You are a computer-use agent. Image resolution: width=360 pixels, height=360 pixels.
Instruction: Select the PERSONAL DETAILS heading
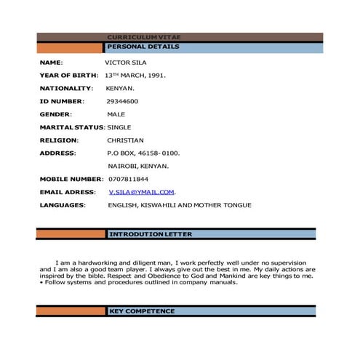tap(143, 47)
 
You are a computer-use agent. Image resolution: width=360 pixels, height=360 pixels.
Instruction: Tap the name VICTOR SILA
tap(127, 63)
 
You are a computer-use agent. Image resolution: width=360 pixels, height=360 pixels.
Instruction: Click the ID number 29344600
tap(123, 101)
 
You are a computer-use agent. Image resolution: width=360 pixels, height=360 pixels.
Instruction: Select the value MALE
tap(116, 114)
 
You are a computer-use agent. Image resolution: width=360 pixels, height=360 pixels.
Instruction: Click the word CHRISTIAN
tap(125, 140)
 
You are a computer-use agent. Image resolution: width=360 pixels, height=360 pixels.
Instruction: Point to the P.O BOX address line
tap(143, 153)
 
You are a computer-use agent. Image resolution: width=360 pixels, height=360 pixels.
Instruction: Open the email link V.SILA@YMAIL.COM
tap(142, 192)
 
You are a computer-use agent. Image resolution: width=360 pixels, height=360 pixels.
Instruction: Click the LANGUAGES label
tap(63, 205)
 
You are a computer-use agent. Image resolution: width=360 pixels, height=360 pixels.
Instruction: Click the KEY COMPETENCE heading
tap(142, 311)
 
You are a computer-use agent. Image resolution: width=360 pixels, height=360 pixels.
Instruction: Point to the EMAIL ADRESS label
tap(68, 192)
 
